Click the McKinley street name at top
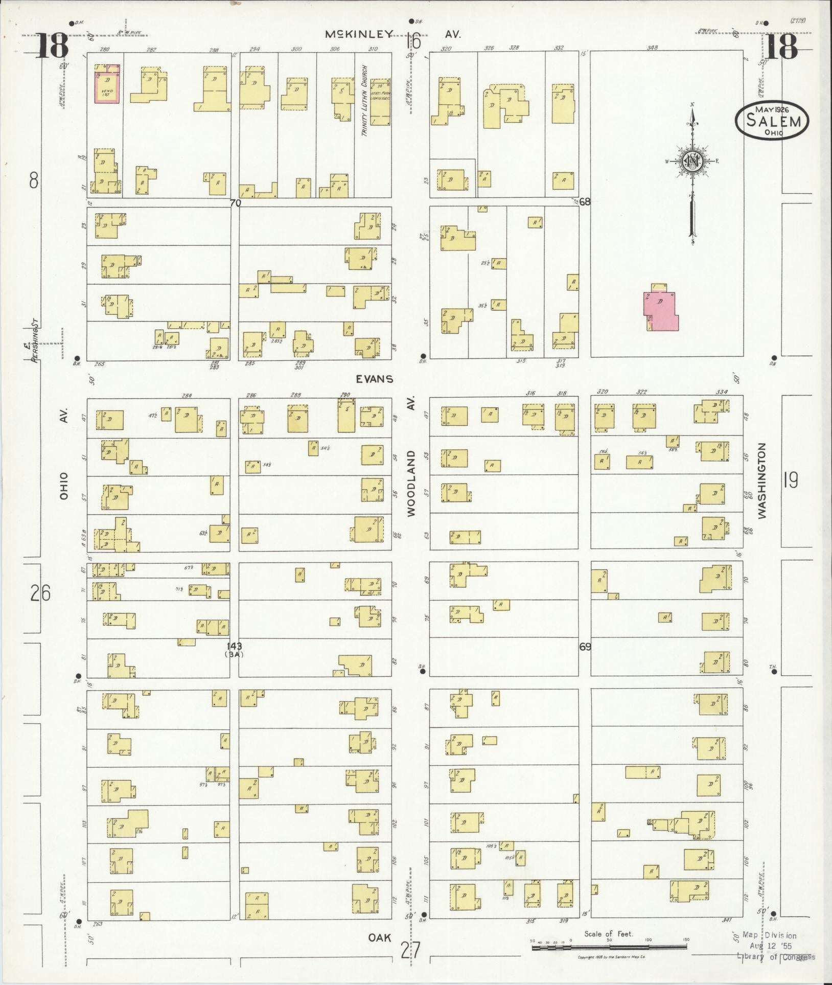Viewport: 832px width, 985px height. (x=359, y=34)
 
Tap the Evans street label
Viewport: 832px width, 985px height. (x=375, y=379)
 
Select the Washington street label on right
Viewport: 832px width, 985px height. (x=762, y=480)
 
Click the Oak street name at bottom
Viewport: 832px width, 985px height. (x=380, y=937)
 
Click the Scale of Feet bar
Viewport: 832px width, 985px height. (x=609, y=947)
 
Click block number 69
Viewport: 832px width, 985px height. (x=585, y=647)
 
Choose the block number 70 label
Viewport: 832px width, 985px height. (x=235, y=202)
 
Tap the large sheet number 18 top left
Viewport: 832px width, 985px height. (x=52, y=45)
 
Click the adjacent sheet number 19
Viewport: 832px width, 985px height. (x=790, y=480)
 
